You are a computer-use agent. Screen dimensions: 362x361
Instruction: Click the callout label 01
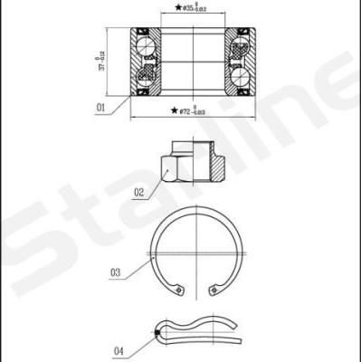click(101, 108)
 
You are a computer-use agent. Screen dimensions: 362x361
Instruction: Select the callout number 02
click(139, 192)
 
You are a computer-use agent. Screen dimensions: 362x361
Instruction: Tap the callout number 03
click(116, 271)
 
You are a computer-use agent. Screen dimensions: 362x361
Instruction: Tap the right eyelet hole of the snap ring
click(214, 290)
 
